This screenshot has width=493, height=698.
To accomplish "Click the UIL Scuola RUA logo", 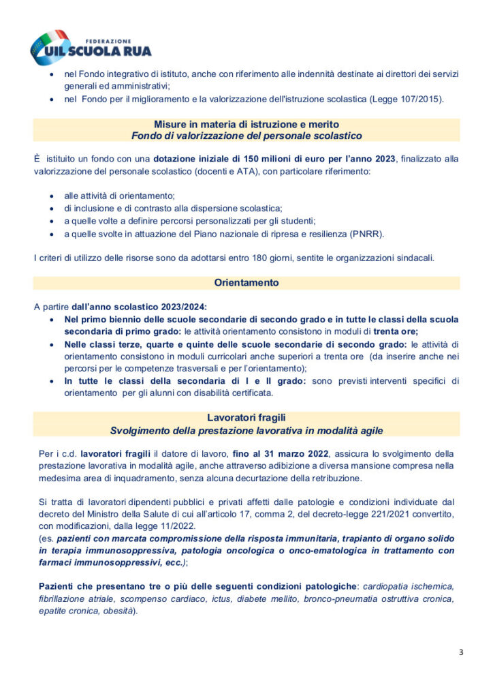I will [91, 46].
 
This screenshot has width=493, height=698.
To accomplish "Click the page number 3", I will [461, 652].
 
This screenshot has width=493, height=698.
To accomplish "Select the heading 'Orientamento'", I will [246, 282].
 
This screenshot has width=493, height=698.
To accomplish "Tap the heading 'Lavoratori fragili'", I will [246, 417].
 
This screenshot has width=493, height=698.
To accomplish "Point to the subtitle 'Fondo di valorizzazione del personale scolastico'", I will [246, 136].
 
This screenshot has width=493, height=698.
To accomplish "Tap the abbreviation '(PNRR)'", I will [369, 234].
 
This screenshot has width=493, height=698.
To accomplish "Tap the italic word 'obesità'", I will [118, 611].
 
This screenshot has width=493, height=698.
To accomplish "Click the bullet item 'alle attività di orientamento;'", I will [120, 196].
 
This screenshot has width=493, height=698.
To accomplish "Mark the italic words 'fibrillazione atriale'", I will [78, 598].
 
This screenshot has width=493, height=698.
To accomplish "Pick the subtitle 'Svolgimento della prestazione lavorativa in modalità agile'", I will [246, 430].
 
